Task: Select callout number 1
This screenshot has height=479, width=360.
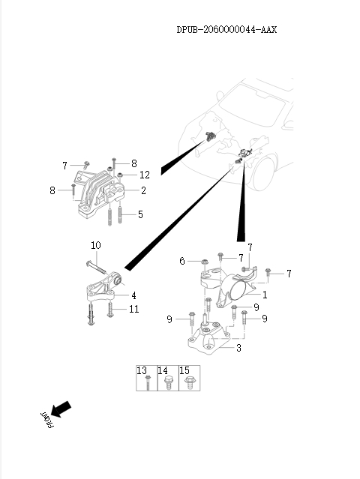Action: click(265, 295)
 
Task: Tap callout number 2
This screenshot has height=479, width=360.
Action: click(143, 190)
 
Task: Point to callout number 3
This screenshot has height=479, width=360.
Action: click(238, 348)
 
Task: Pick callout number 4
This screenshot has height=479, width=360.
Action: click(133, 295)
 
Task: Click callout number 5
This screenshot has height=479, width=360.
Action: click(141, 214)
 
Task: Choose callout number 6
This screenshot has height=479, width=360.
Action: click(182, 261)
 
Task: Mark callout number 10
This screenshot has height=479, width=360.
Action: click(96, 245)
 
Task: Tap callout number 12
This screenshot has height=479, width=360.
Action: click(145, 175)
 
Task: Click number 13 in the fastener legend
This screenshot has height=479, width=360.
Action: click(142, 371)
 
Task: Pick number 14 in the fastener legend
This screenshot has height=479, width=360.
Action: click(163, 371)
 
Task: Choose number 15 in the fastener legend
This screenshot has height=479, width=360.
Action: click(184, 371)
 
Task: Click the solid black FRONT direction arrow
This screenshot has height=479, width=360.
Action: click(61, 409)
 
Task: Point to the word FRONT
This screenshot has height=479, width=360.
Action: click(44, 420)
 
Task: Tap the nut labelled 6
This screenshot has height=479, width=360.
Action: click(204, 263)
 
